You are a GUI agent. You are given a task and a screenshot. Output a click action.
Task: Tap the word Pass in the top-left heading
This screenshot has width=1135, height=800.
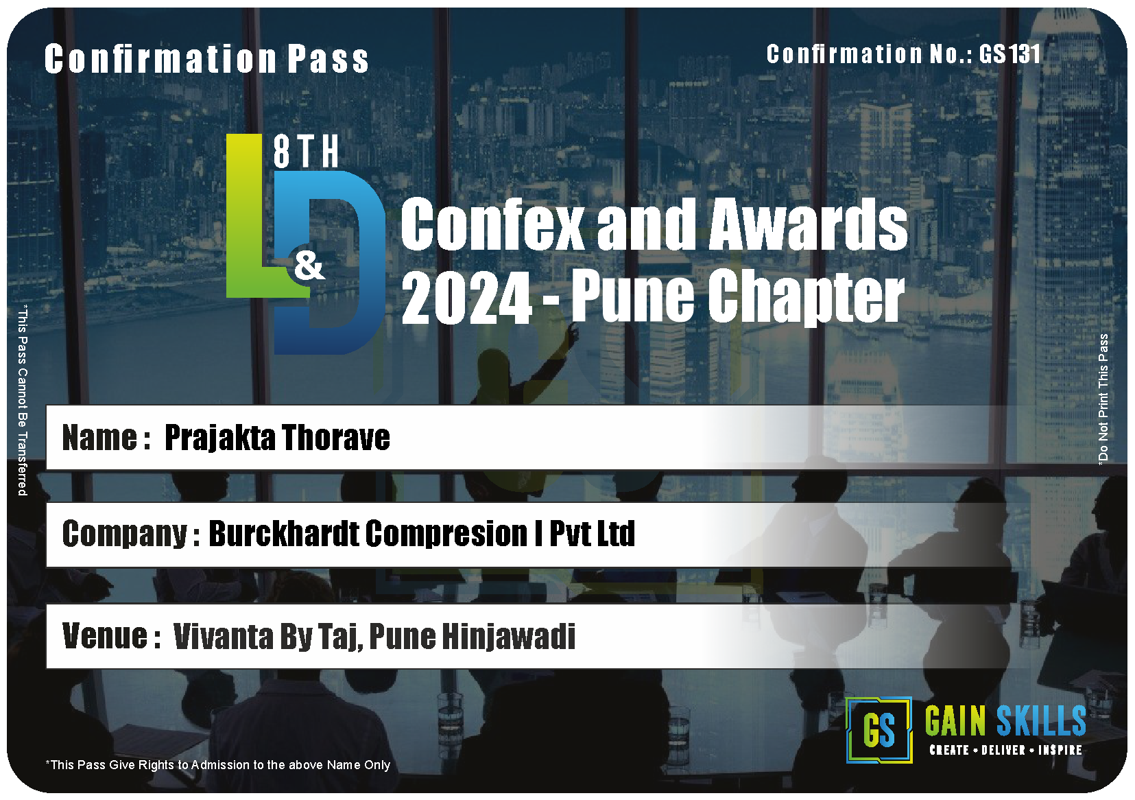pyautogui.click(x=328, y=59)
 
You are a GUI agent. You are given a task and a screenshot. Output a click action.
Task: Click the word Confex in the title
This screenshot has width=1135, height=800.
pyautogui.click(x=492, y=224)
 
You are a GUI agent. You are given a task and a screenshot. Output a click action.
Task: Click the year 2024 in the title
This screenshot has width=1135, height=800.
pyautogui.click(x=466, y=298)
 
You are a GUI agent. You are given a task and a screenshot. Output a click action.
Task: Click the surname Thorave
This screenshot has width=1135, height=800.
pyautogui.click(x=335, y=437)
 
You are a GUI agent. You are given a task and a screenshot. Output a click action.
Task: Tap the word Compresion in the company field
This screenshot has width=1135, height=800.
pyautogui.click(x=446, y=534)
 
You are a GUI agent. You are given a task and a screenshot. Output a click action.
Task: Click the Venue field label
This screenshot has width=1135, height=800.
pyautogui.click(x=112, y=636)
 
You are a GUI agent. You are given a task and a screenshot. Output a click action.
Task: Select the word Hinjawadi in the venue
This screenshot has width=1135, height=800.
pyautogui.click(x=509, y=636)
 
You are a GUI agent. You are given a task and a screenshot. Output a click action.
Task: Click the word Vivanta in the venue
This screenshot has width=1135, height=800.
pyautogui.click(x=223, y=636)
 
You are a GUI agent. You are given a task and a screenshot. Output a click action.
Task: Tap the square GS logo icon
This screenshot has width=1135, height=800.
pyautogui.click(x=879, y=730)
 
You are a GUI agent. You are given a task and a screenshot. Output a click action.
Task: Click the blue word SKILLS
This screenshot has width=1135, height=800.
pyautogui.click(x=1041, y=720)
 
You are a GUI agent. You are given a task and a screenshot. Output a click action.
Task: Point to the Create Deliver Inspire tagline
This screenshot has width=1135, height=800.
pyautogui.click(x=1005, y=750)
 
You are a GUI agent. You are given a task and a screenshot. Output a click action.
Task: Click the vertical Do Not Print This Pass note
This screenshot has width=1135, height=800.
pyautogui.click(x=1103, y=399)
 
